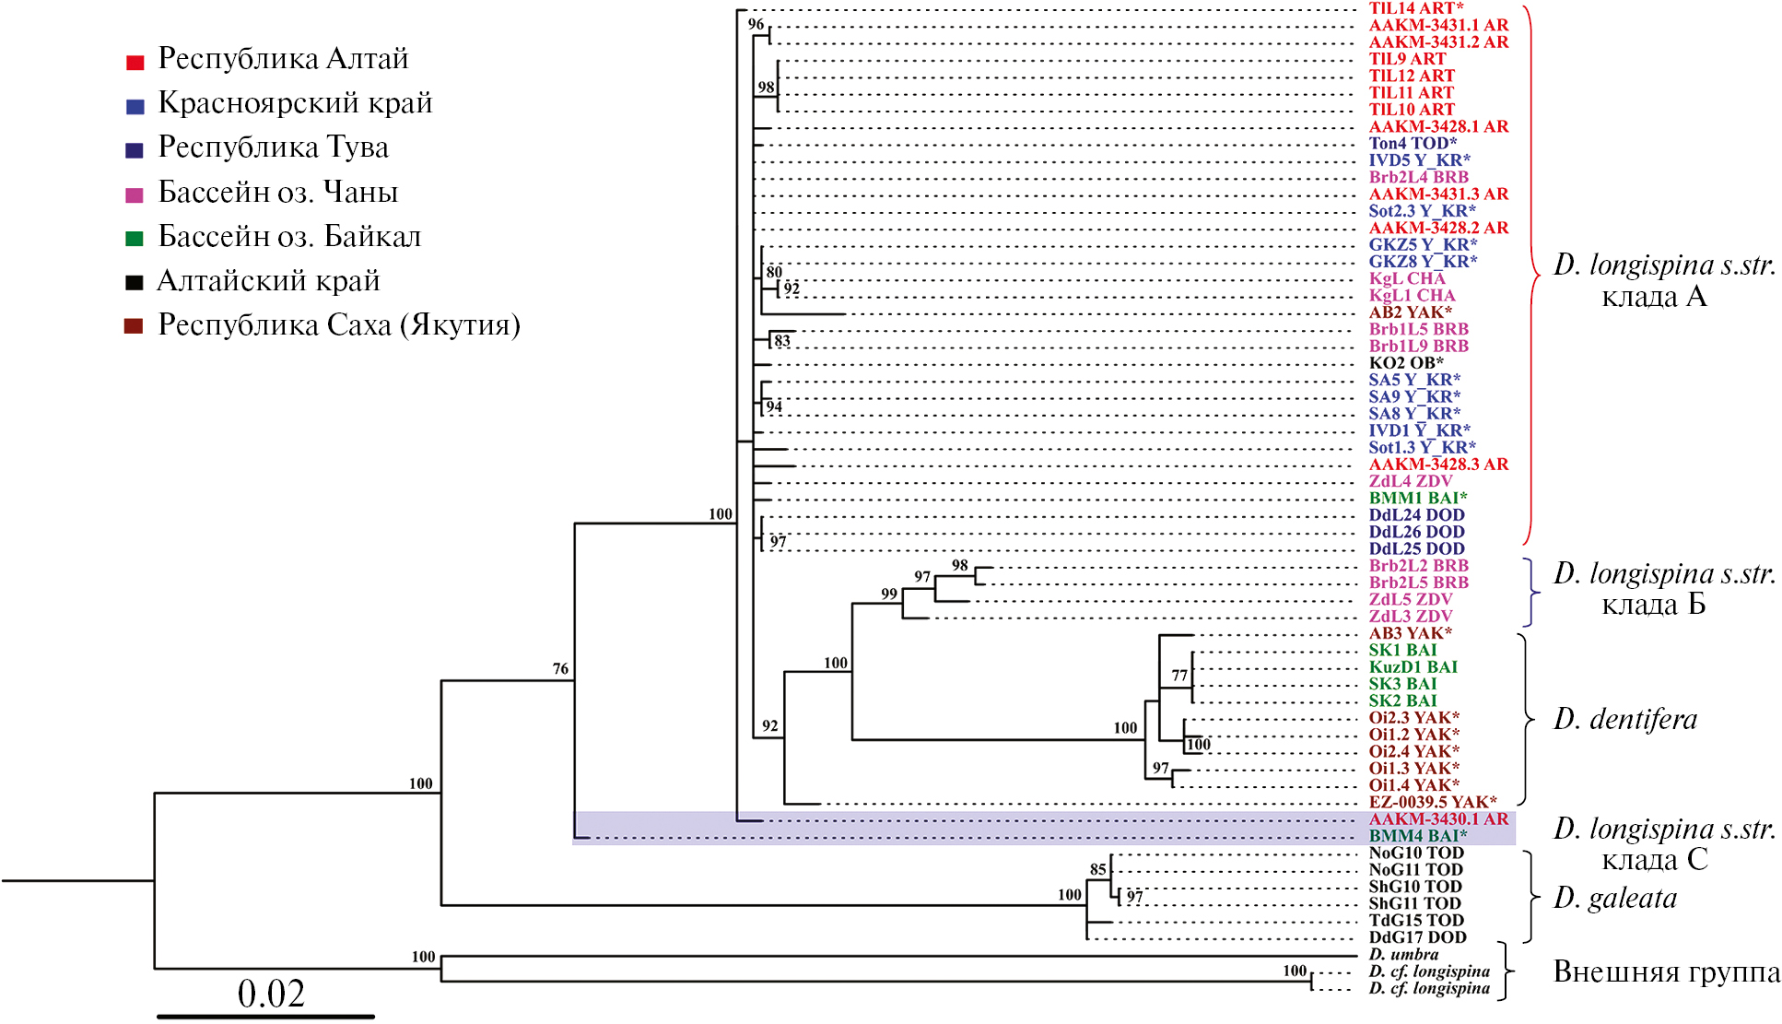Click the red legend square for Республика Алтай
[135, 63]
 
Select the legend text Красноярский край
[295, 102]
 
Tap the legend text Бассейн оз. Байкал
[289, 237]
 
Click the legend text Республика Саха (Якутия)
[338, 325]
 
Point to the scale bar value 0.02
[271, 994]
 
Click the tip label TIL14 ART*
[1416, 8]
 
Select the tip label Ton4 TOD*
[1413, 143]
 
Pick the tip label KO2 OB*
[1406, 363]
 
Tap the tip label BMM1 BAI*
[1418, 499]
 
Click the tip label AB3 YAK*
[1410, 633]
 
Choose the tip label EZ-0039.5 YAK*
[1433, 802]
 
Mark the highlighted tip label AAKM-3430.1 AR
[1438, 819]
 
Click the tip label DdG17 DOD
[1417, 937]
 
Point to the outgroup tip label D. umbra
[1403, 955]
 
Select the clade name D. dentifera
[1625, 719]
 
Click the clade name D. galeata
[1615, 898]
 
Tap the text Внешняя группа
[1667, 971]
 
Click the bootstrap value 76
[560, 668]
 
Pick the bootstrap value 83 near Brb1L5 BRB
[782, 341]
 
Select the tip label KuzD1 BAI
[1413, 667]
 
